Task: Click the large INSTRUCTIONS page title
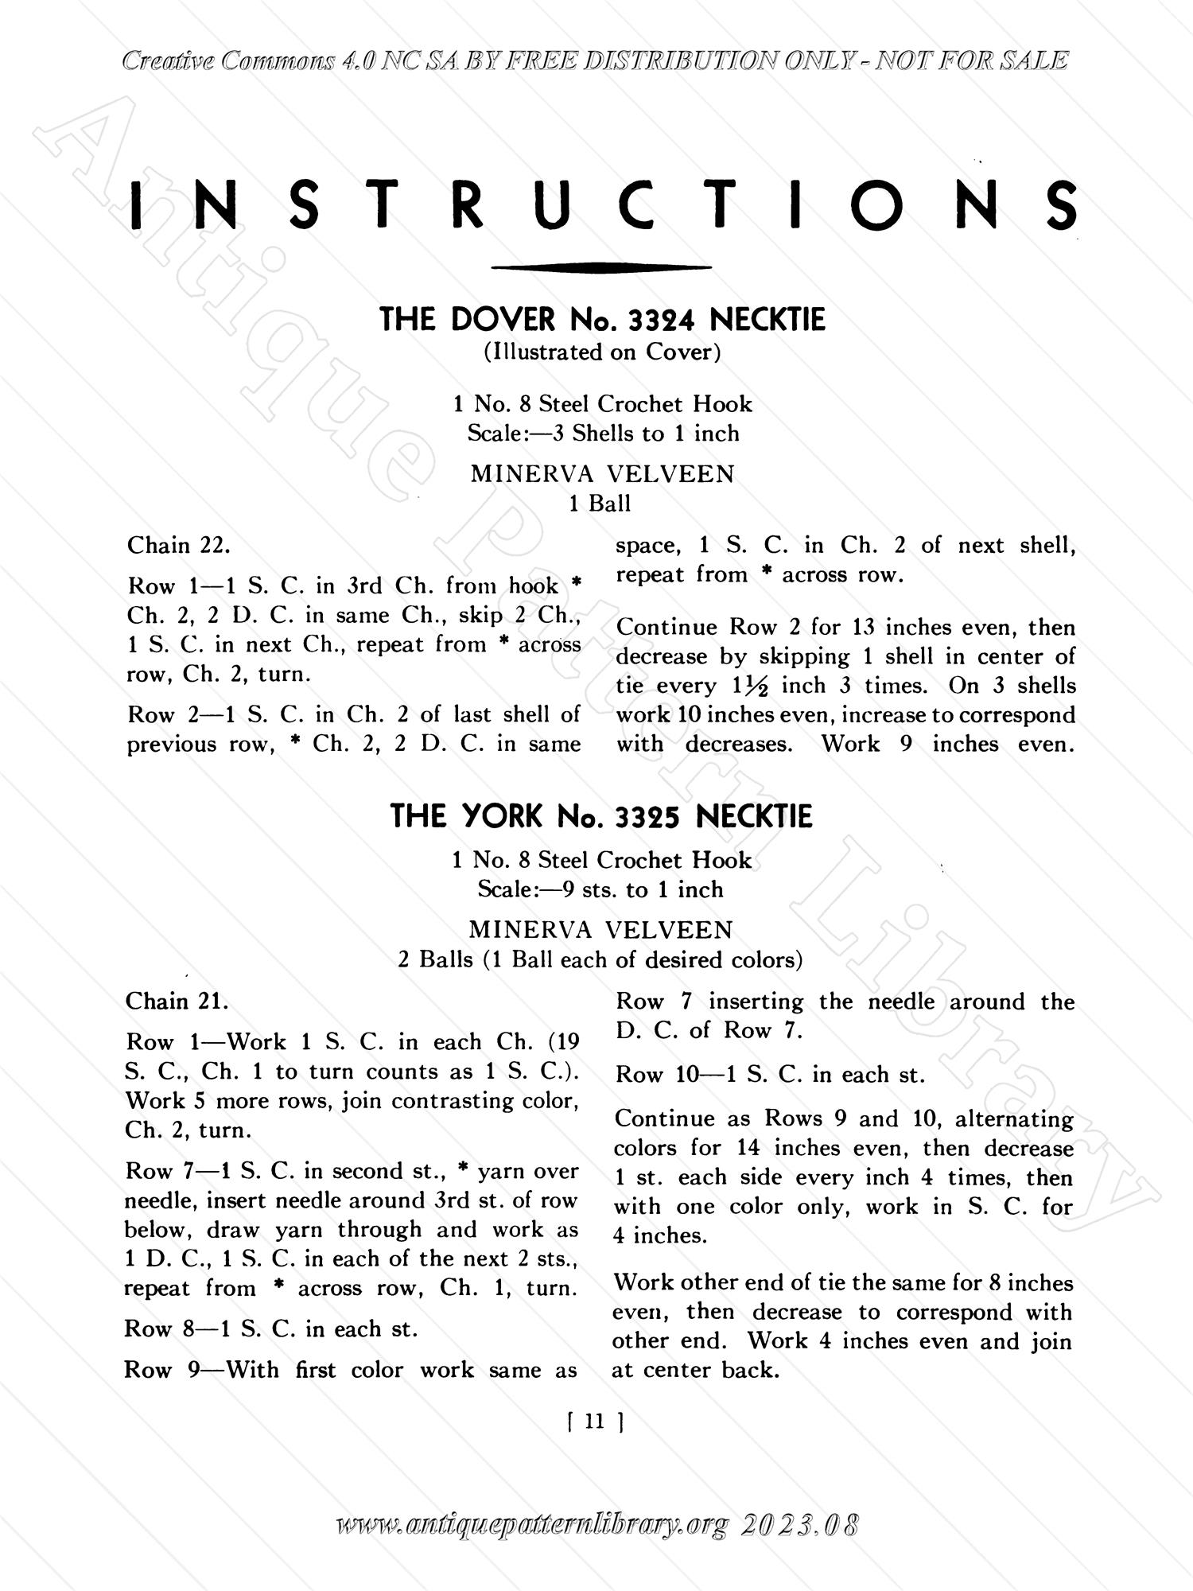click(602, 205)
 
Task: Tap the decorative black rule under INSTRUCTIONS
click(601, 268)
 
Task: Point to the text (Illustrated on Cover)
click(602, 352)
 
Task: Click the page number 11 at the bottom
click(595, 1422)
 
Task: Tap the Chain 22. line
click(180, 546)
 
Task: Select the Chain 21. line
click(177, 1002)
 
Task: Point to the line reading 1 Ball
click(600, 504)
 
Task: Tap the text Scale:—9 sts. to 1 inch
click(600, 889)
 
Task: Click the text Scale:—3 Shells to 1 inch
click(603, 434)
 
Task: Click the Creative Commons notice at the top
click(595, 61)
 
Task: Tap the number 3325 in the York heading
click(648, 817)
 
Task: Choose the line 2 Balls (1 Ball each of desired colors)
click(600, 960)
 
